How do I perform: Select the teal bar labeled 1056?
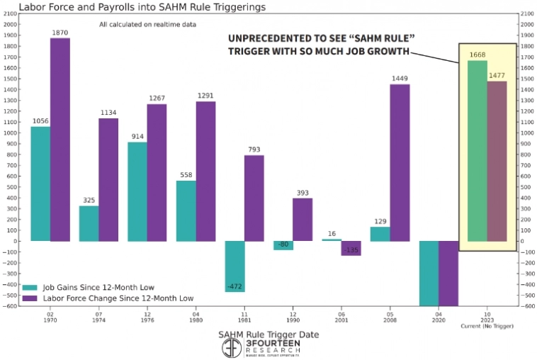click(40, 184)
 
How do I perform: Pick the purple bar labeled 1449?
click(400, 162)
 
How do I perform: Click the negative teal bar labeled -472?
click(234, 266)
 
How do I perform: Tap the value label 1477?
click(497, 75)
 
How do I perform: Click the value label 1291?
click(205, 96)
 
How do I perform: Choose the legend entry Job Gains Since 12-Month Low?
click(89, 288)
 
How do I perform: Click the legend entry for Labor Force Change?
click(106, 299)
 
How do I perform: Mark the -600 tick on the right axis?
click(528, 305)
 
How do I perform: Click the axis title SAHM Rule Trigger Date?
click(268, 334)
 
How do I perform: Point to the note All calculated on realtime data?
click(147, 25)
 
